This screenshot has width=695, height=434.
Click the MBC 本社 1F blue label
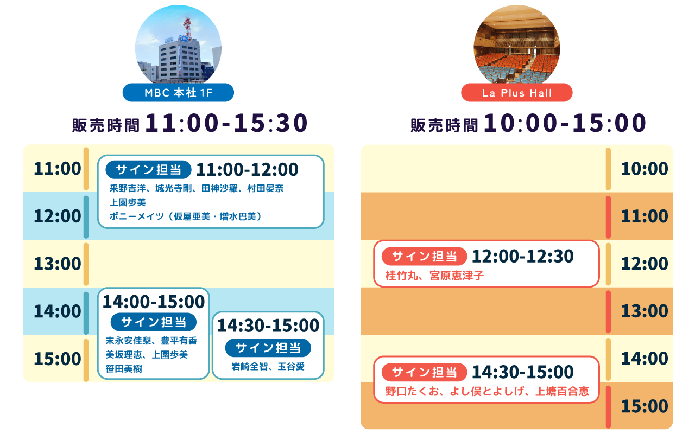(178, 93)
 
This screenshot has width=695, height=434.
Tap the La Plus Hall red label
(517, 93)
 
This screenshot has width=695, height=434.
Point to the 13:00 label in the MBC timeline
(57, 264)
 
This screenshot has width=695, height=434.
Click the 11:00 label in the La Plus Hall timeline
(645, 216)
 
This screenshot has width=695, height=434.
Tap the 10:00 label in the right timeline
(645, 169)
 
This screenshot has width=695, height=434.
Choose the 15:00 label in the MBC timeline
(57, 359)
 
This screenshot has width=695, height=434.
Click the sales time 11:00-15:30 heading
(190, 124)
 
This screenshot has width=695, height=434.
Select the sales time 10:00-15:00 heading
(528, 124)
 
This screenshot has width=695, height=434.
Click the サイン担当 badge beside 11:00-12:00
(148, 170)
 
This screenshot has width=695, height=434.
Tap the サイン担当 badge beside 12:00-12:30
(424, 256)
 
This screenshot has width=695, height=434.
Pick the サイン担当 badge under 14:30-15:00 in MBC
(268, 348)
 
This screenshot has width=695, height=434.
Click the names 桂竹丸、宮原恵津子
(434, 276)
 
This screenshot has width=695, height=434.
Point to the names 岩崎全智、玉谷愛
(268, 367)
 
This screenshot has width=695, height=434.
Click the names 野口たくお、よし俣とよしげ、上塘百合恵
(487, 392)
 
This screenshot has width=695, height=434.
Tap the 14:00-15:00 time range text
(154, 302)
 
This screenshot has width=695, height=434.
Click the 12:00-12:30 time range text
(523, 256)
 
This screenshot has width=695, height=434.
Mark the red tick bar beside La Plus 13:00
(609, 311)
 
